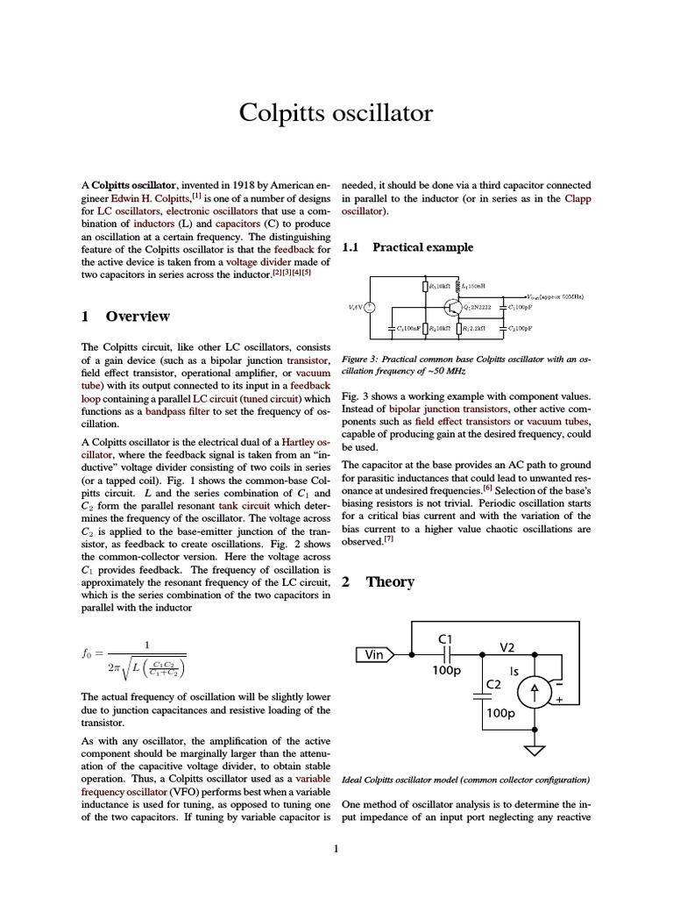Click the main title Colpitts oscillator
(x=336, y=114)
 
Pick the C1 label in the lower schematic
(x=444, y=639)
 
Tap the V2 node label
(x=507, y=647)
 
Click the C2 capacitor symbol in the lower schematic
(x=482, y=697)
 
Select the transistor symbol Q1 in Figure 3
(x=452, y=308)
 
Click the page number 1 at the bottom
(x=336, y=848)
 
